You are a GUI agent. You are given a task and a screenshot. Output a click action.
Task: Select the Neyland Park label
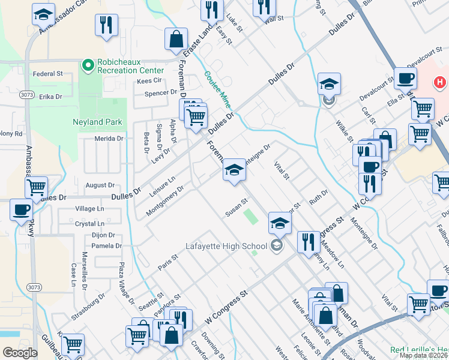pyautogui.click(x=97, y=122)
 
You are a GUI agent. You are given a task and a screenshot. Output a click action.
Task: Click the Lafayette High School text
pyautogui.click(x=228, y=245)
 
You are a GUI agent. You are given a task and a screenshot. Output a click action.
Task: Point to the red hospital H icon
pyautogui.click(x=440, y=82)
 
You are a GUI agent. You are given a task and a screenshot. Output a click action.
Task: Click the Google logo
pyautogui.click(x=20, y=353)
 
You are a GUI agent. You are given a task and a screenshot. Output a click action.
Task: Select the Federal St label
pyautogui.click(x=48, y=74)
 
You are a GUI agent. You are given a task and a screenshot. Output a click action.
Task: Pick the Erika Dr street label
pyautogui.click(x=50, y=96)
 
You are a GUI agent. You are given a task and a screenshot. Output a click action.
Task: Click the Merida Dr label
pyautogui.click(x=109, y=138)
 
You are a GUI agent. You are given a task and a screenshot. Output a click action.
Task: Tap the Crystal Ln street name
pyautogui.click(x=89, y=224)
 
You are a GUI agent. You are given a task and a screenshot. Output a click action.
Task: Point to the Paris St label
pyautogui.click(x=168, y=262)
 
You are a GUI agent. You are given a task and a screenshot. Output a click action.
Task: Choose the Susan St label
pyautogui.click(x=236, y=207)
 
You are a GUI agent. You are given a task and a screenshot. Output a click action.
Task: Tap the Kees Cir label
pyautogui.click(x=150, y=80)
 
